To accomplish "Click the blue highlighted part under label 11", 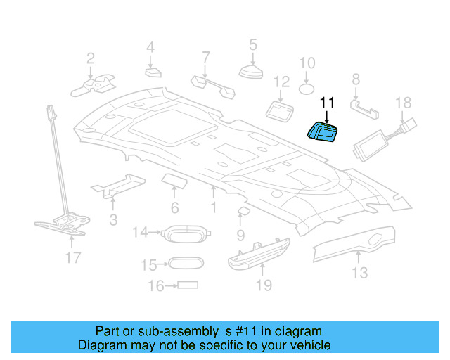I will (323, 131).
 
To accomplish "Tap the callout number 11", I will (327, 103).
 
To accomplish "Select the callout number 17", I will (73, 258).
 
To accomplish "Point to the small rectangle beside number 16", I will (187, 285).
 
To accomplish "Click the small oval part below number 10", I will (307, 89).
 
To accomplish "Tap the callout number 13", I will (359, 272).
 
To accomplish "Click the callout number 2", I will (91, 58).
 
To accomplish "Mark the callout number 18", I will (403, 103).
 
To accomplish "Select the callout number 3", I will (112, 220).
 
